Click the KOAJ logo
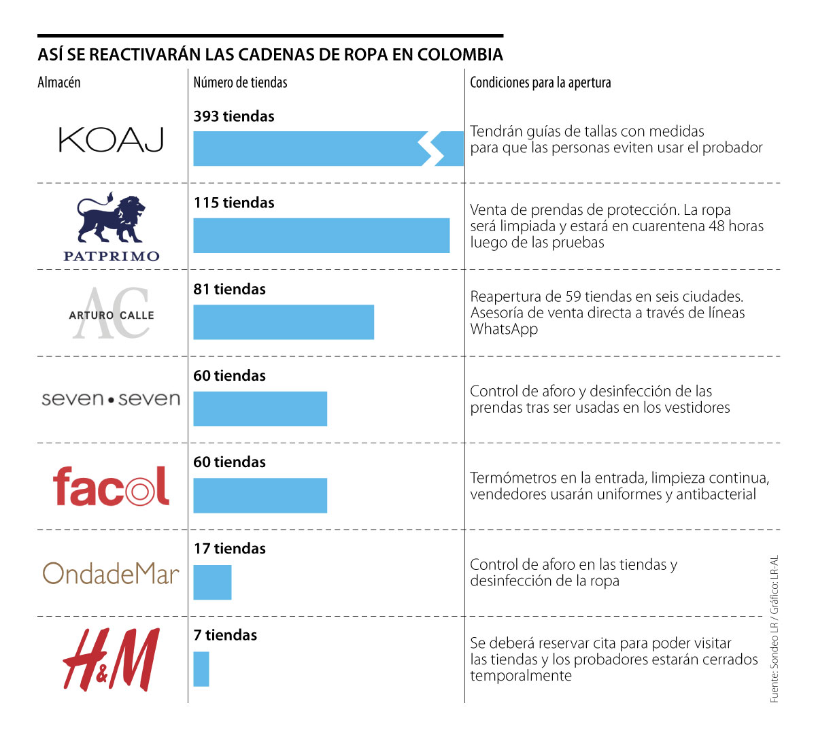(112, 140)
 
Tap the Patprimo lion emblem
(112, 219)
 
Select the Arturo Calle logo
(112, 313)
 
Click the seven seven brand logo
(111, 398)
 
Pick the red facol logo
(111, 485)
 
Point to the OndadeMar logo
(111, 574)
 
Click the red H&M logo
(111, 660)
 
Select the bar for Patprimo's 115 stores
(321, 235)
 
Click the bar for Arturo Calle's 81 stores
(284, 322)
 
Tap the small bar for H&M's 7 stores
(201, 669)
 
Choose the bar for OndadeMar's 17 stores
(212, 582)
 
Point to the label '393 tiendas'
(234, 116)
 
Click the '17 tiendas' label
(230, 549)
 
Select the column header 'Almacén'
(59, 82)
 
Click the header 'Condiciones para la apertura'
(541, 82)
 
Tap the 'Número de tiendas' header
(240, 82)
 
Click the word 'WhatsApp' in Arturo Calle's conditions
(504, 329)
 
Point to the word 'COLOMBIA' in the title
(460, 54)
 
